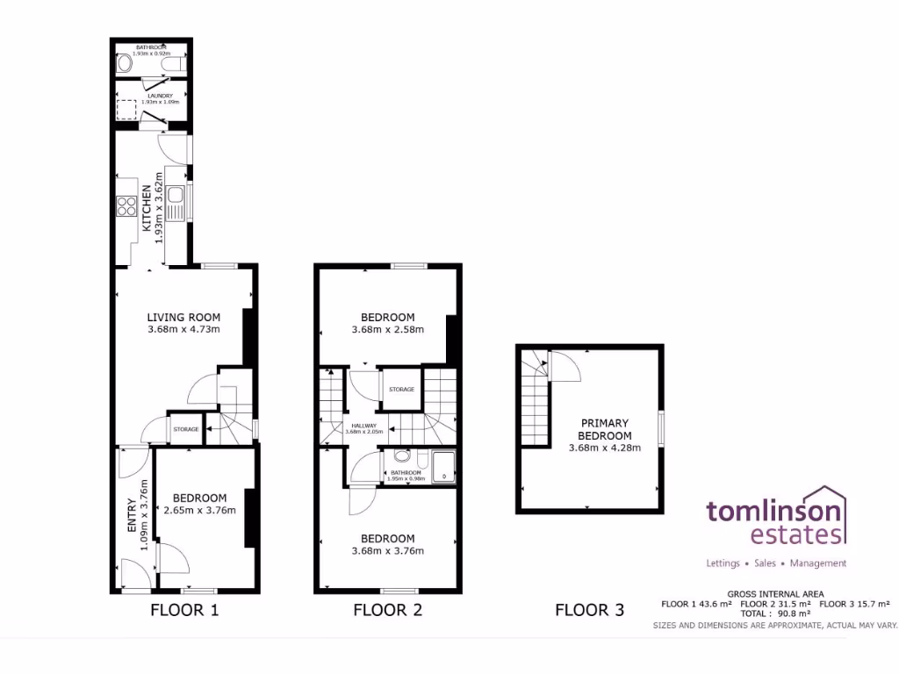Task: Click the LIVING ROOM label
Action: click(183, 317)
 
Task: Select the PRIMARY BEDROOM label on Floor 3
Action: click(604, 429)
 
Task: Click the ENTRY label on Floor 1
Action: click(133, 516)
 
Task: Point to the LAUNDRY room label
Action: click(160, 96)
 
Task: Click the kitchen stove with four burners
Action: click(126, 207)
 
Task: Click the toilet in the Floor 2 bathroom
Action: click(402, 456)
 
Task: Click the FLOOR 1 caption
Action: click(184, 610)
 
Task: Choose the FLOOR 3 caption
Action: click(589, 610)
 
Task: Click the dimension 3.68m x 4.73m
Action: click(183, 330)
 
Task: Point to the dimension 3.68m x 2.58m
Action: click(387, 330)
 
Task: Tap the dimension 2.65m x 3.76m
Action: click(199, 511)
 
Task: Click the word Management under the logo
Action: click(818, 563)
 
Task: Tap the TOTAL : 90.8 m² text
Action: click(775, 614)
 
